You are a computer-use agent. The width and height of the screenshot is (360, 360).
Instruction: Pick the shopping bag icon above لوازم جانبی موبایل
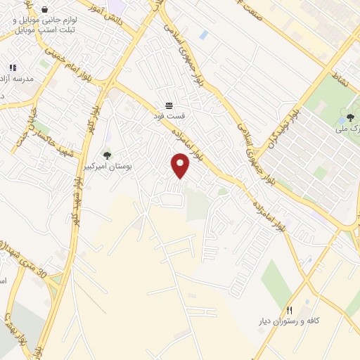(x=44, y=10)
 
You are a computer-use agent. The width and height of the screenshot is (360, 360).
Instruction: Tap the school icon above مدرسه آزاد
(x=13, y=67)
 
